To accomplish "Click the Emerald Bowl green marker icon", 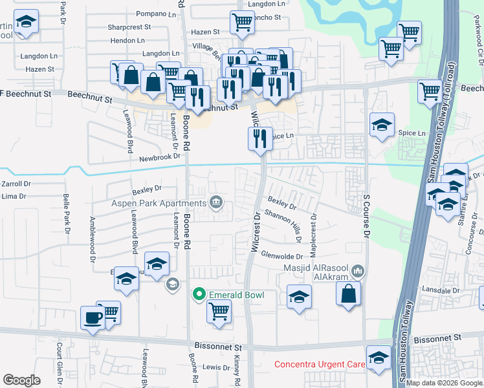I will click(x=200, y=295).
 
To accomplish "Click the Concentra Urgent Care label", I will click(x=320, y=364).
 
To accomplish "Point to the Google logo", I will click(x=21, y=380).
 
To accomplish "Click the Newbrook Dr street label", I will click(x=159, y=156).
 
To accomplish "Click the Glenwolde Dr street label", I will click(x=282, y=255).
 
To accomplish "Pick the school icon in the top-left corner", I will click(x=26, y=23).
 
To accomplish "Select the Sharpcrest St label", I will click(x=129, y=28).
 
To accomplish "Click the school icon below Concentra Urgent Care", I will click(x=379, y=358).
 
